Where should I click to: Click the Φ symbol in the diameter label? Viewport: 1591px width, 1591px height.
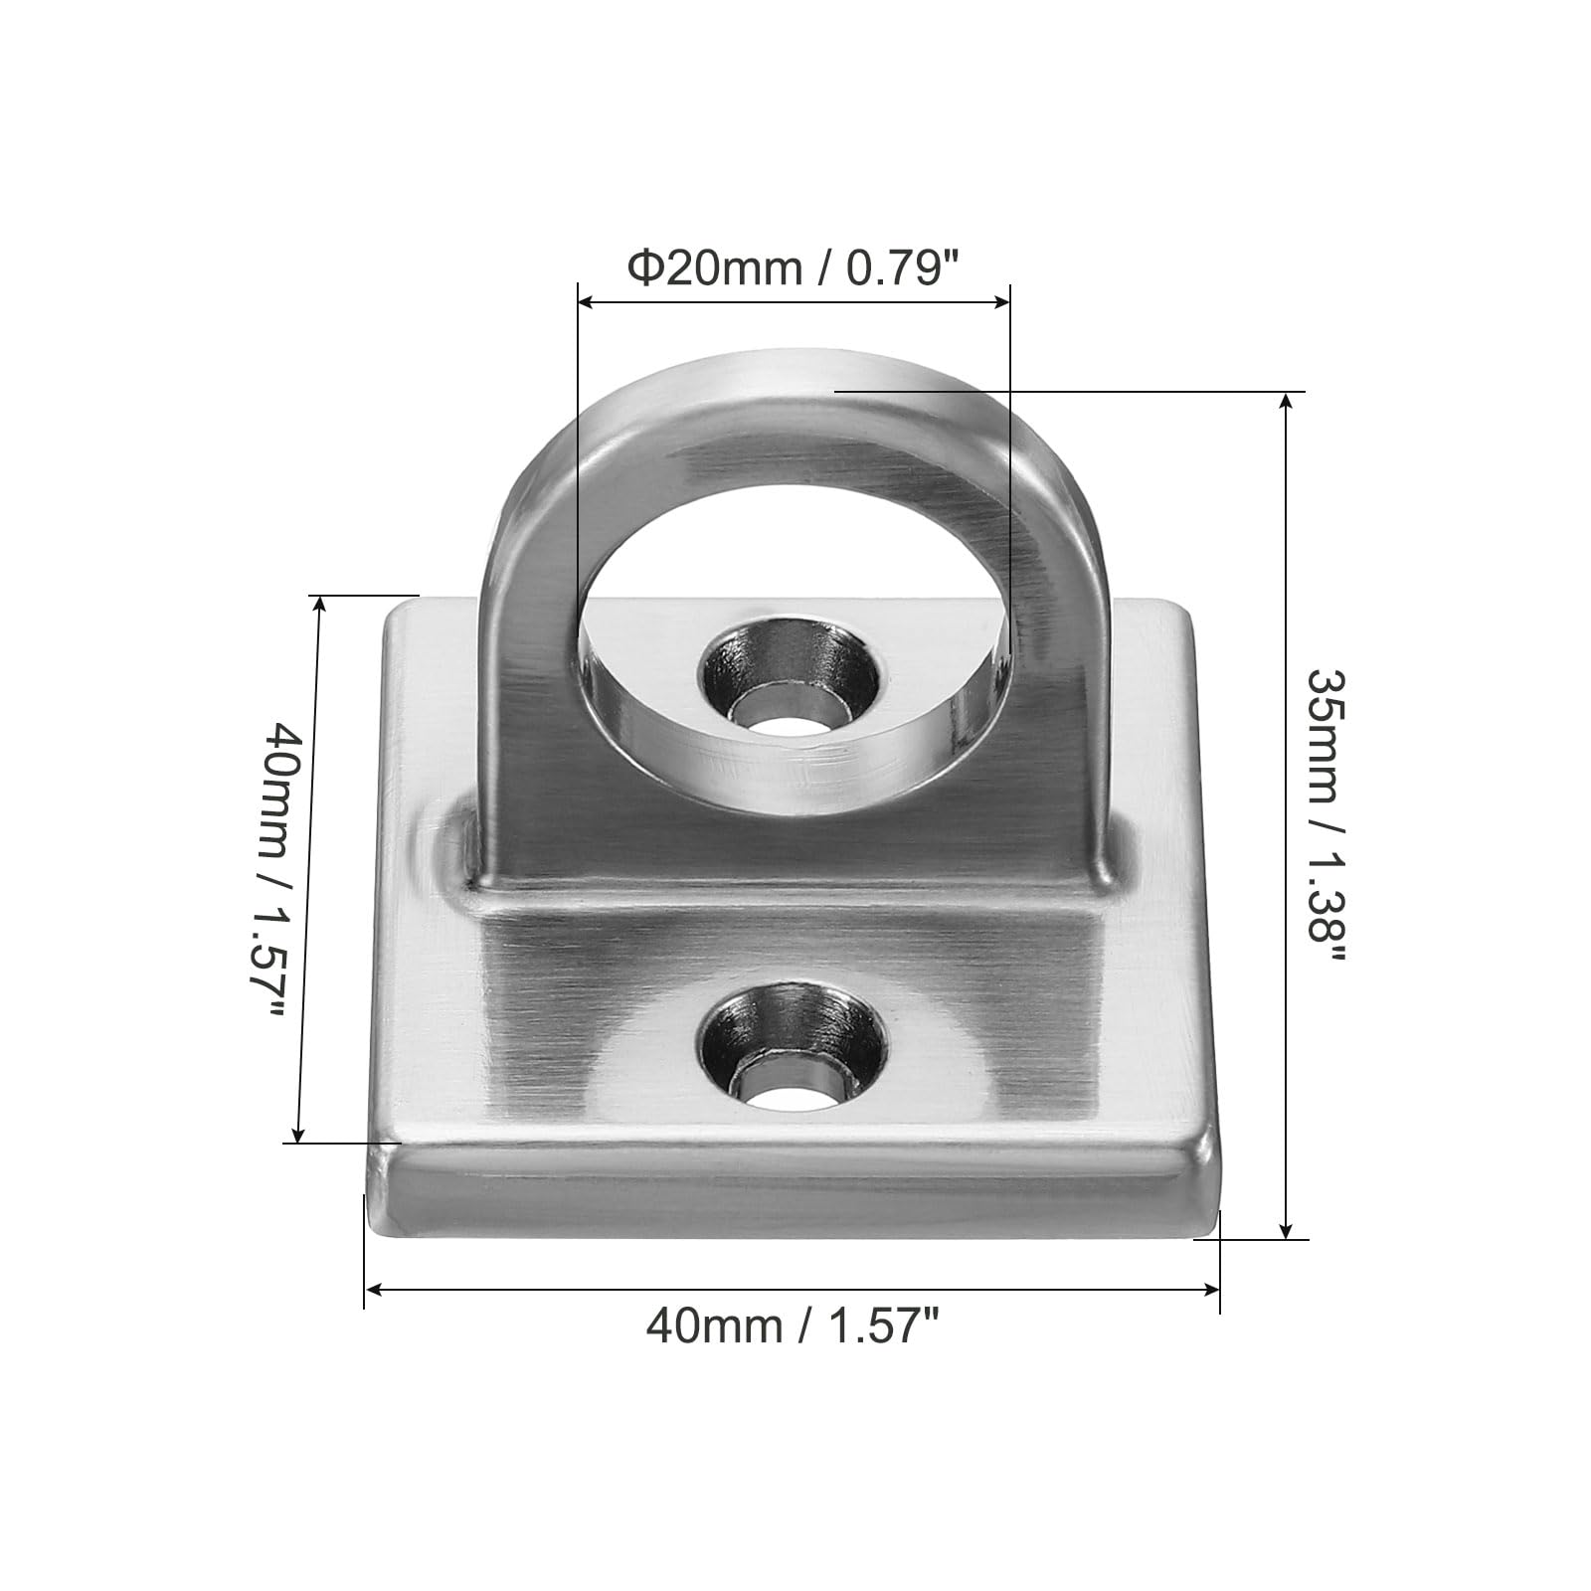tap(645, 268)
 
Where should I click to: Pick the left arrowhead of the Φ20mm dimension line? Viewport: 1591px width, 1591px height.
tap(587, 299)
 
